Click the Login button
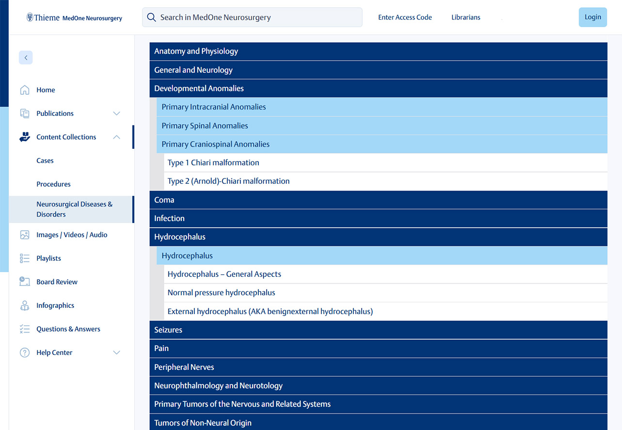592,17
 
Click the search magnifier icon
151,17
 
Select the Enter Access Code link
405,17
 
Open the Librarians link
465,17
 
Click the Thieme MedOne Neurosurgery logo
74,18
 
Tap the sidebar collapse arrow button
26,58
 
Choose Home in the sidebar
46,90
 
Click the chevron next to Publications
116,113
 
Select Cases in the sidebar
45,160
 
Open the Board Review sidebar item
57,282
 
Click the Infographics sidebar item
55,305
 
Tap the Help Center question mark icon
25,352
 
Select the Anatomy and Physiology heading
196,51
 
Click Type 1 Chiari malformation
213,163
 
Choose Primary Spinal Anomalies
205,126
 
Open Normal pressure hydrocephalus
221,293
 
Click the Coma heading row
164,200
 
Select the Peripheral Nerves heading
184,367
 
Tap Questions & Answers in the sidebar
68,329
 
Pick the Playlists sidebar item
48,258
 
